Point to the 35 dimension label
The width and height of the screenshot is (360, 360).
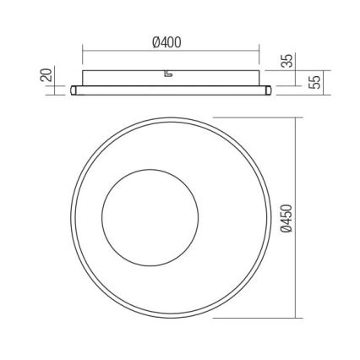286,61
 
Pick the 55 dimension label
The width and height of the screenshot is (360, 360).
314,82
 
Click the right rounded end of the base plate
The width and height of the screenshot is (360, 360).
267,90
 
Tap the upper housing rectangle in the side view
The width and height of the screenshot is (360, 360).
127,77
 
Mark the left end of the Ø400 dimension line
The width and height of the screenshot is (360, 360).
82,52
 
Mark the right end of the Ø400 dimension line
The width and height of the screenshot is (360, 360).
257,52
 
